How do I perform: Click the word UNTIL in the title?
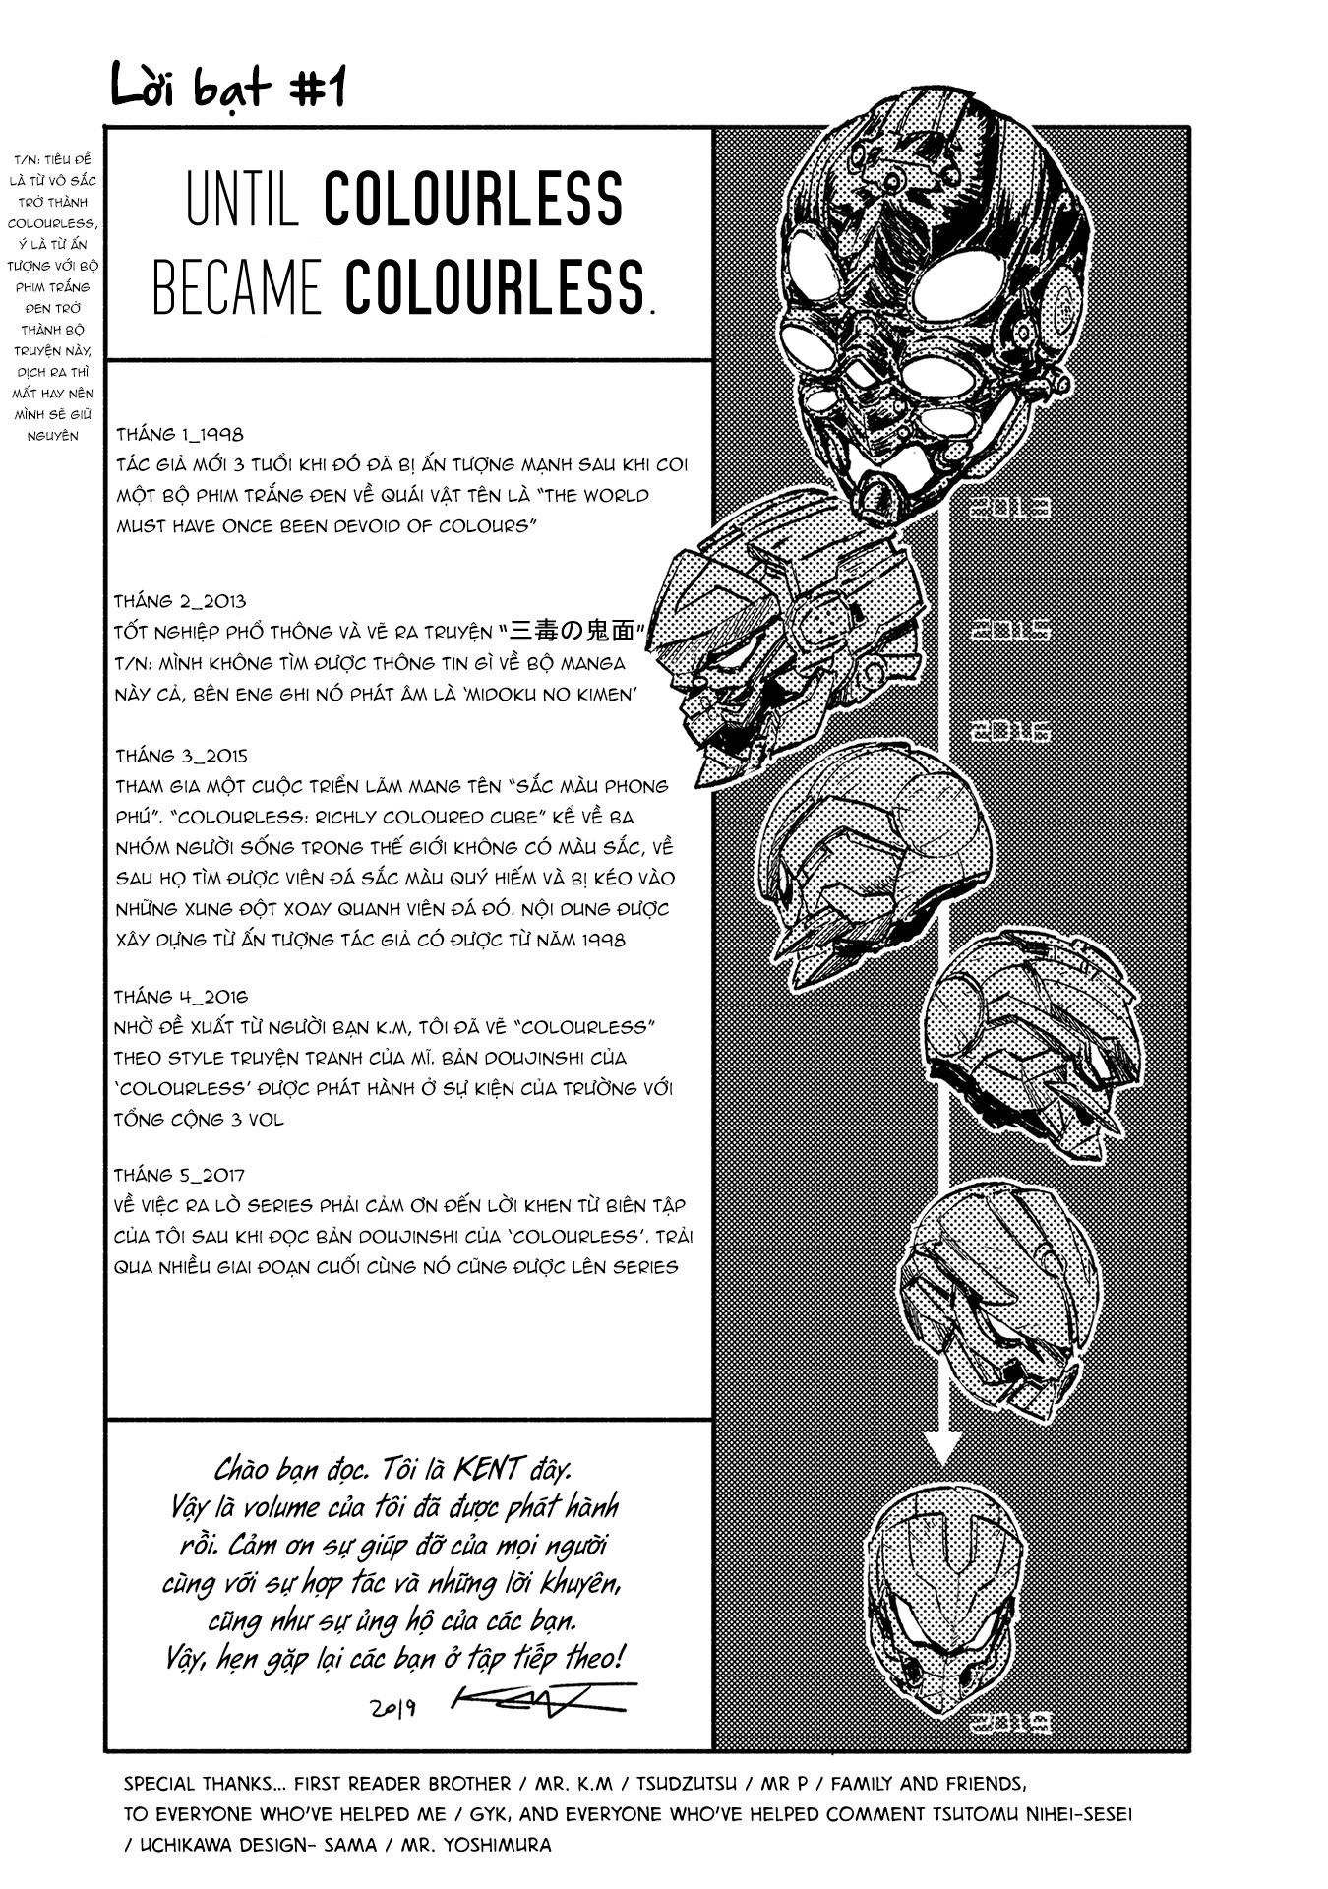[x=242, y=201]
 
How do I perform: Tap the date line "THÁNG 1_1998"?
[x=179, y=434]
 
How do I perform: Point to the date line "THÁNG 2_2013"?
[x=180, y=601]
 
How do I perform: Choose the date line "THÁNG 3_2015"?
[x=181, y=756]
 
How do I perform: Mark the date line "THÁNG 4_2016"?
[x=181, y=997]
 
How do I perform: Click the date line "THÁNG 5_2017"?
[x=180, y=1175]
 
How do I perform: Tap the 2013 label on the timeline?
[x=1010, y=508]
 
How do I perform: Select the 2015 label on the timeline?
[x=1010, y=630]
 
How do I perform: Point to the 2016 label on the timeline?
[x=1010, y=731]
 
